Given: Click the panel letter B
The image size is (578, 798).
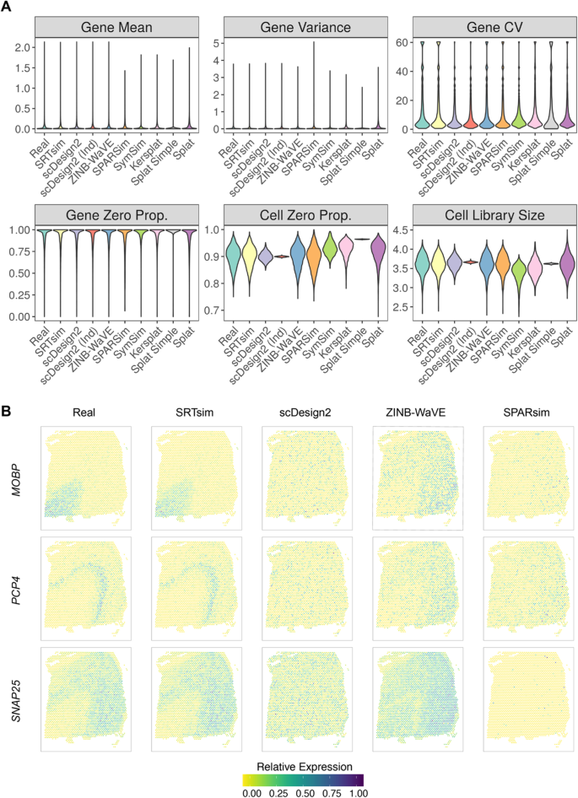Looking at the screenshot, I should [8, 412].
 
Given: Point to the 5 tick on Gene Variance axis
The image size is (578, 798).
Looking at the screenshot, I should [206, 42].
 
